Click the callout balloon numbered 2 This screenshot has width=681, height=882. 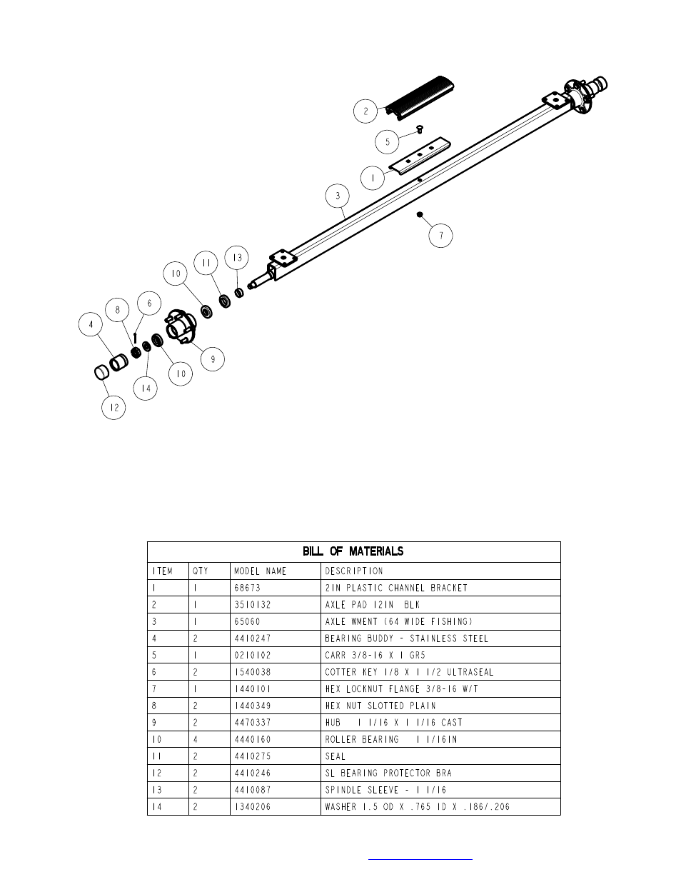click(365, 111)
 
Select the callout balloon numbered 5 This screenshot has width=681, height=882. click(387, 141)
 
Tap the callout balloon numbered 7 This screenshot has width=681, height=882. click(441, 235)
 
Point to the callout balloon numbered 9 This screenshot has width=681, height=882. click(213, 359)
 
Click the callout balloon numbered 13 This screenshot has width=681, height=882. click(237, 258)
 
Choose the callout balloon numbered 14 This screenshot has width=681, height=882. click(146, 389)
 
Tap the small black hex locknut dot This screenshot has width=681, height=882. click(420, 214)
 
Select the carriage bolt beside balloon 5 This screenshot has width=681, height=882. click(420, 129)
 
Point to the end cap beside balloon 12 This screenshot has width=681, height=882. click(101, 371)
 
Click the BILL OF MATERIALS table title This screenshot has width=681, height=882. click(353, 551)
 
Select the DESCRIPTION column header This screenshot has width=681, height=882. click(354, 571)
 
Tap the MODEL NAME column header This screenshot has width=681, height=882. click(260, 571)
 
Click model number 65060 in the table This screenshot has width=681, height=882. click(247, 621)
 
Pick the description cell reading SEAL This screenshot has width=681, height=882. click(335, 756)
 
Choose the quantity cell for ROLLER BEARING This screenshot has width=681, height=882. click(196, 739)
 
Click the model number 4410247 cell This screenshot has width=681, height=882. click(252, 638)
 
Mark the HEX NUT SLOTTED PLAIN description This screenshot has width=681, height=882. click(380, 706)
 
